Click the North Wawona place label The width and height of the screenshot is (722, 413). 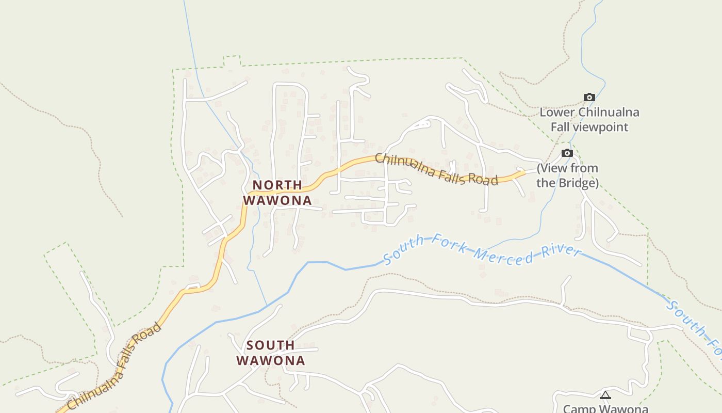coord(277,193)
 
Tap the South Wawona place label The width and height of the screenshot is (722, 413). coord(271,353)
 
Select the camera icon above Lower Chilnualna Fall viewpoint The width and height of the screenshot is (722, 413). coord(589,97)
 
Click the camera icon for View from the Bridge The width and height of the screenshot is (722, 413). coord(567,153)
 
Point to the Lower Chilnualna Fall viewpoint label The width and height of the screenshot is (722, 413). coord(589,119)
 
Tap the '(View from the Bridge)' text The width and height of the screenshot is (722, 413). coord(567,176)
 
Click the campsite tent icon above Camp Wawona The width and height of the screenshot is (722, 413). coord(605,395)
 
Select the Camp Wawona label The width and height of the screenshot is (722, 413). coord(605,408)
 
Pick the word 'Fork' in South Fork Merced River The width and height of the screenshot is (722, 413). coord(449,245)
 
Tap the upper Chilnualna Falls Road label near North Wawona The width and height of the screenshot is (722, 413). coord(436,169)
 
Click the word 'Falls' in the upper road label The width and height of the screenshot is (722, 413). coord(454,174)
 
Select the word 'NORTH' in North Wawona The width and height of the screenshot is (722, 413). coord(277,185)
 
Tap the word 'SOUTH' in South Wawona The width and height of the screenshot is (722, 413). coord(271,345)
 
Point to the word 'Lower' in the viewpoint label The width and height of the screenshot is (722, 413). coord(558,112)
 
